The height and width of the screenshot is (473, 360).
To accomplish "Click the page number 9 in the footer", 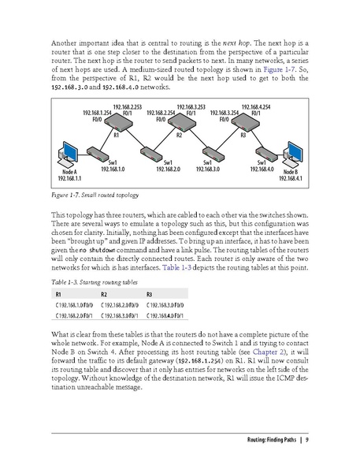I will (x=306, y=440).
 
